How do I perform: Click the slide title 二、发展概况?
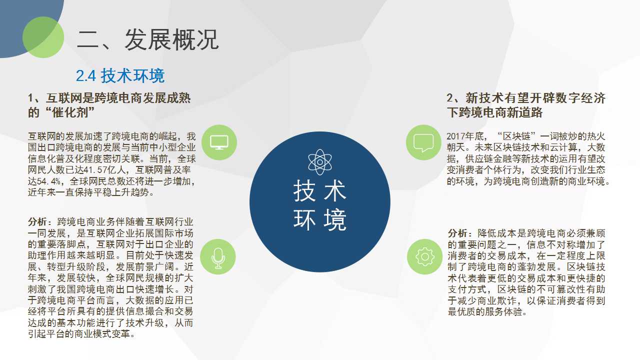click(x=147, y=39)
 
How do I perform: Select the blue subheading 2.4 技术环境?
click(x=120, y=75)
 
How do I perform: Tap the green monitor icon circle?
click(x=219, y=142)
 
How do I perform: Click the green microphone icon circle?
click(x=218, y=256)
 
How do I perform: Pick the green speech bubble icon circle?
click(x=423, y=142)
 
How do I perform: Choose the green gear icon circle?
click(x=425, y=256)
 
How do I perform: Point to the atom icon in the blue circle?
click(x=320, y=162)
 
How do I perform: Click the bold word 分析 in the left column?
click(x=37, y=221)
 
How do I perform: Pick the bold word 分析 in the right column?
click(x=457, y=233)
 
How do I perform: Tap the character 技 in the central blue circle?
click(x=304, y=191)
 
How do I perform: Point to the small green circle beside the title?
click(x=43, y=37)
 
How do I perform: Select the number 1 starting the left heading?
click(x=30, y=98)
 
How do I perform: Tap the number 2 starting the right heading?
click(x=450, y=98)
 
